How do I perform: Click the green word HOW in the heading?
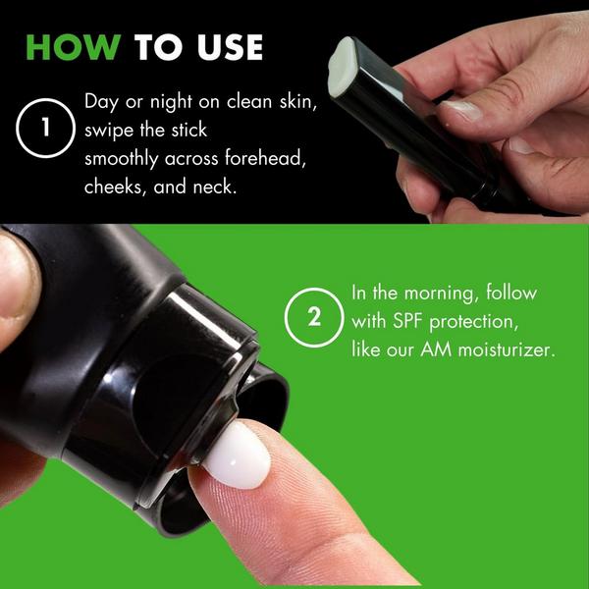(x=74, y=47)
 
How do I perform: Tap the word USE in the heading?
(x=231, y=47)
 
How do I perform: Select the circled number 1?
(x=45, y=128)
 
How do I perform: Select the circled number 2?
(x=314, y=317)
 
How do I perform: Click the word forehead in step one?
(x=264, y=158)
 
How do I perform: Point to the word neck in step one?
(x=215, y=187)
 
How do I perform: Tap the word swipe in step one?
(x=109, y=131)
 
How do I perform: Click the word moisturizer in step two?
(x=507, y=350)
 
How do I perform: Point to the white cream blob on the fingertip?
(x=239, y=455)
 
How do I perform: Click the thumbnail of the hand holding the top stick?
(x=460, y=110)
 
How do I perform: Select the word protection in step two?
(x=474, y=322)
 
